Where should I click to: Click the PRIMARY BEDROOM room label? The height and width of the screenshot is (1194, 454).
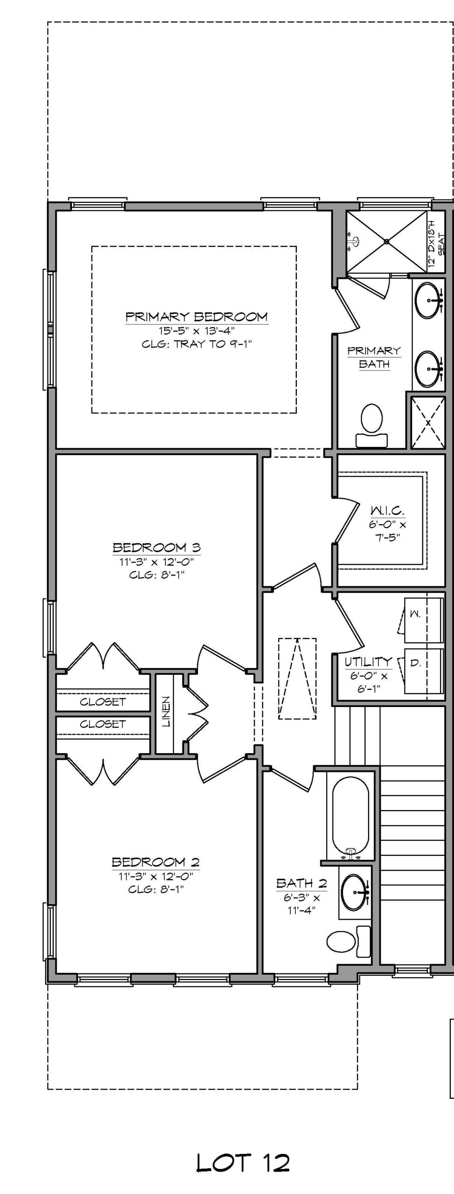pyautogui.click(x=196, y=317)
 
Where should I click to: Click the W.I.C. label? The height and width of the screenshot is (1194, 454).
pyautogui.click(x=387, y=511)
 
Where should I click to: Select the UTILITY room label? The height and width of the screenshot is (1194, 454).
pyautogui.click(x=368, y=661)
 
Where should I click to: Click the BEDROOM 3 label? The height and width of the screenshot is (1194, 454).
pyautogui.click(x=157, y=547)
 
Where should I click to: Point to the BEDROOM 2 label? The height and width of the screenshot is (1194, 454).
pyautogui.click(x=156, y=862)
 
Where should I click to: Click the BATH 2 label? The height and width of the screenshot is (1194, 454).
pyautogui.click(x=301, y=883)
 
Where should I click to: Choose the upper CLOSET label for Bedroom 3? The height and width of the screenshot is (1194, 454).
pyautogui.click(x=103, y=701)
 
